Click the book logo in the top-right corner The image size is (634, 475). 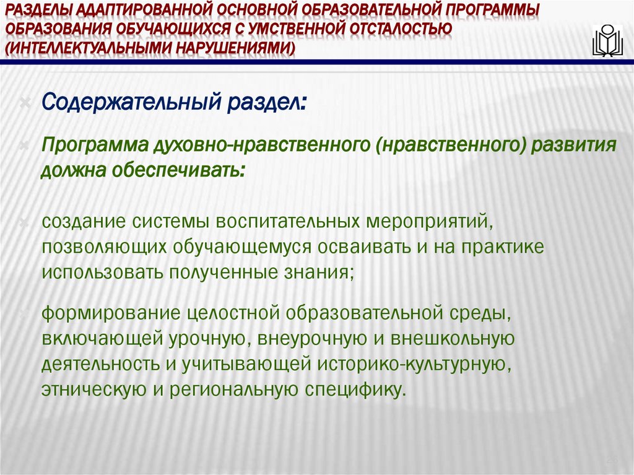pos(607,41)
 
